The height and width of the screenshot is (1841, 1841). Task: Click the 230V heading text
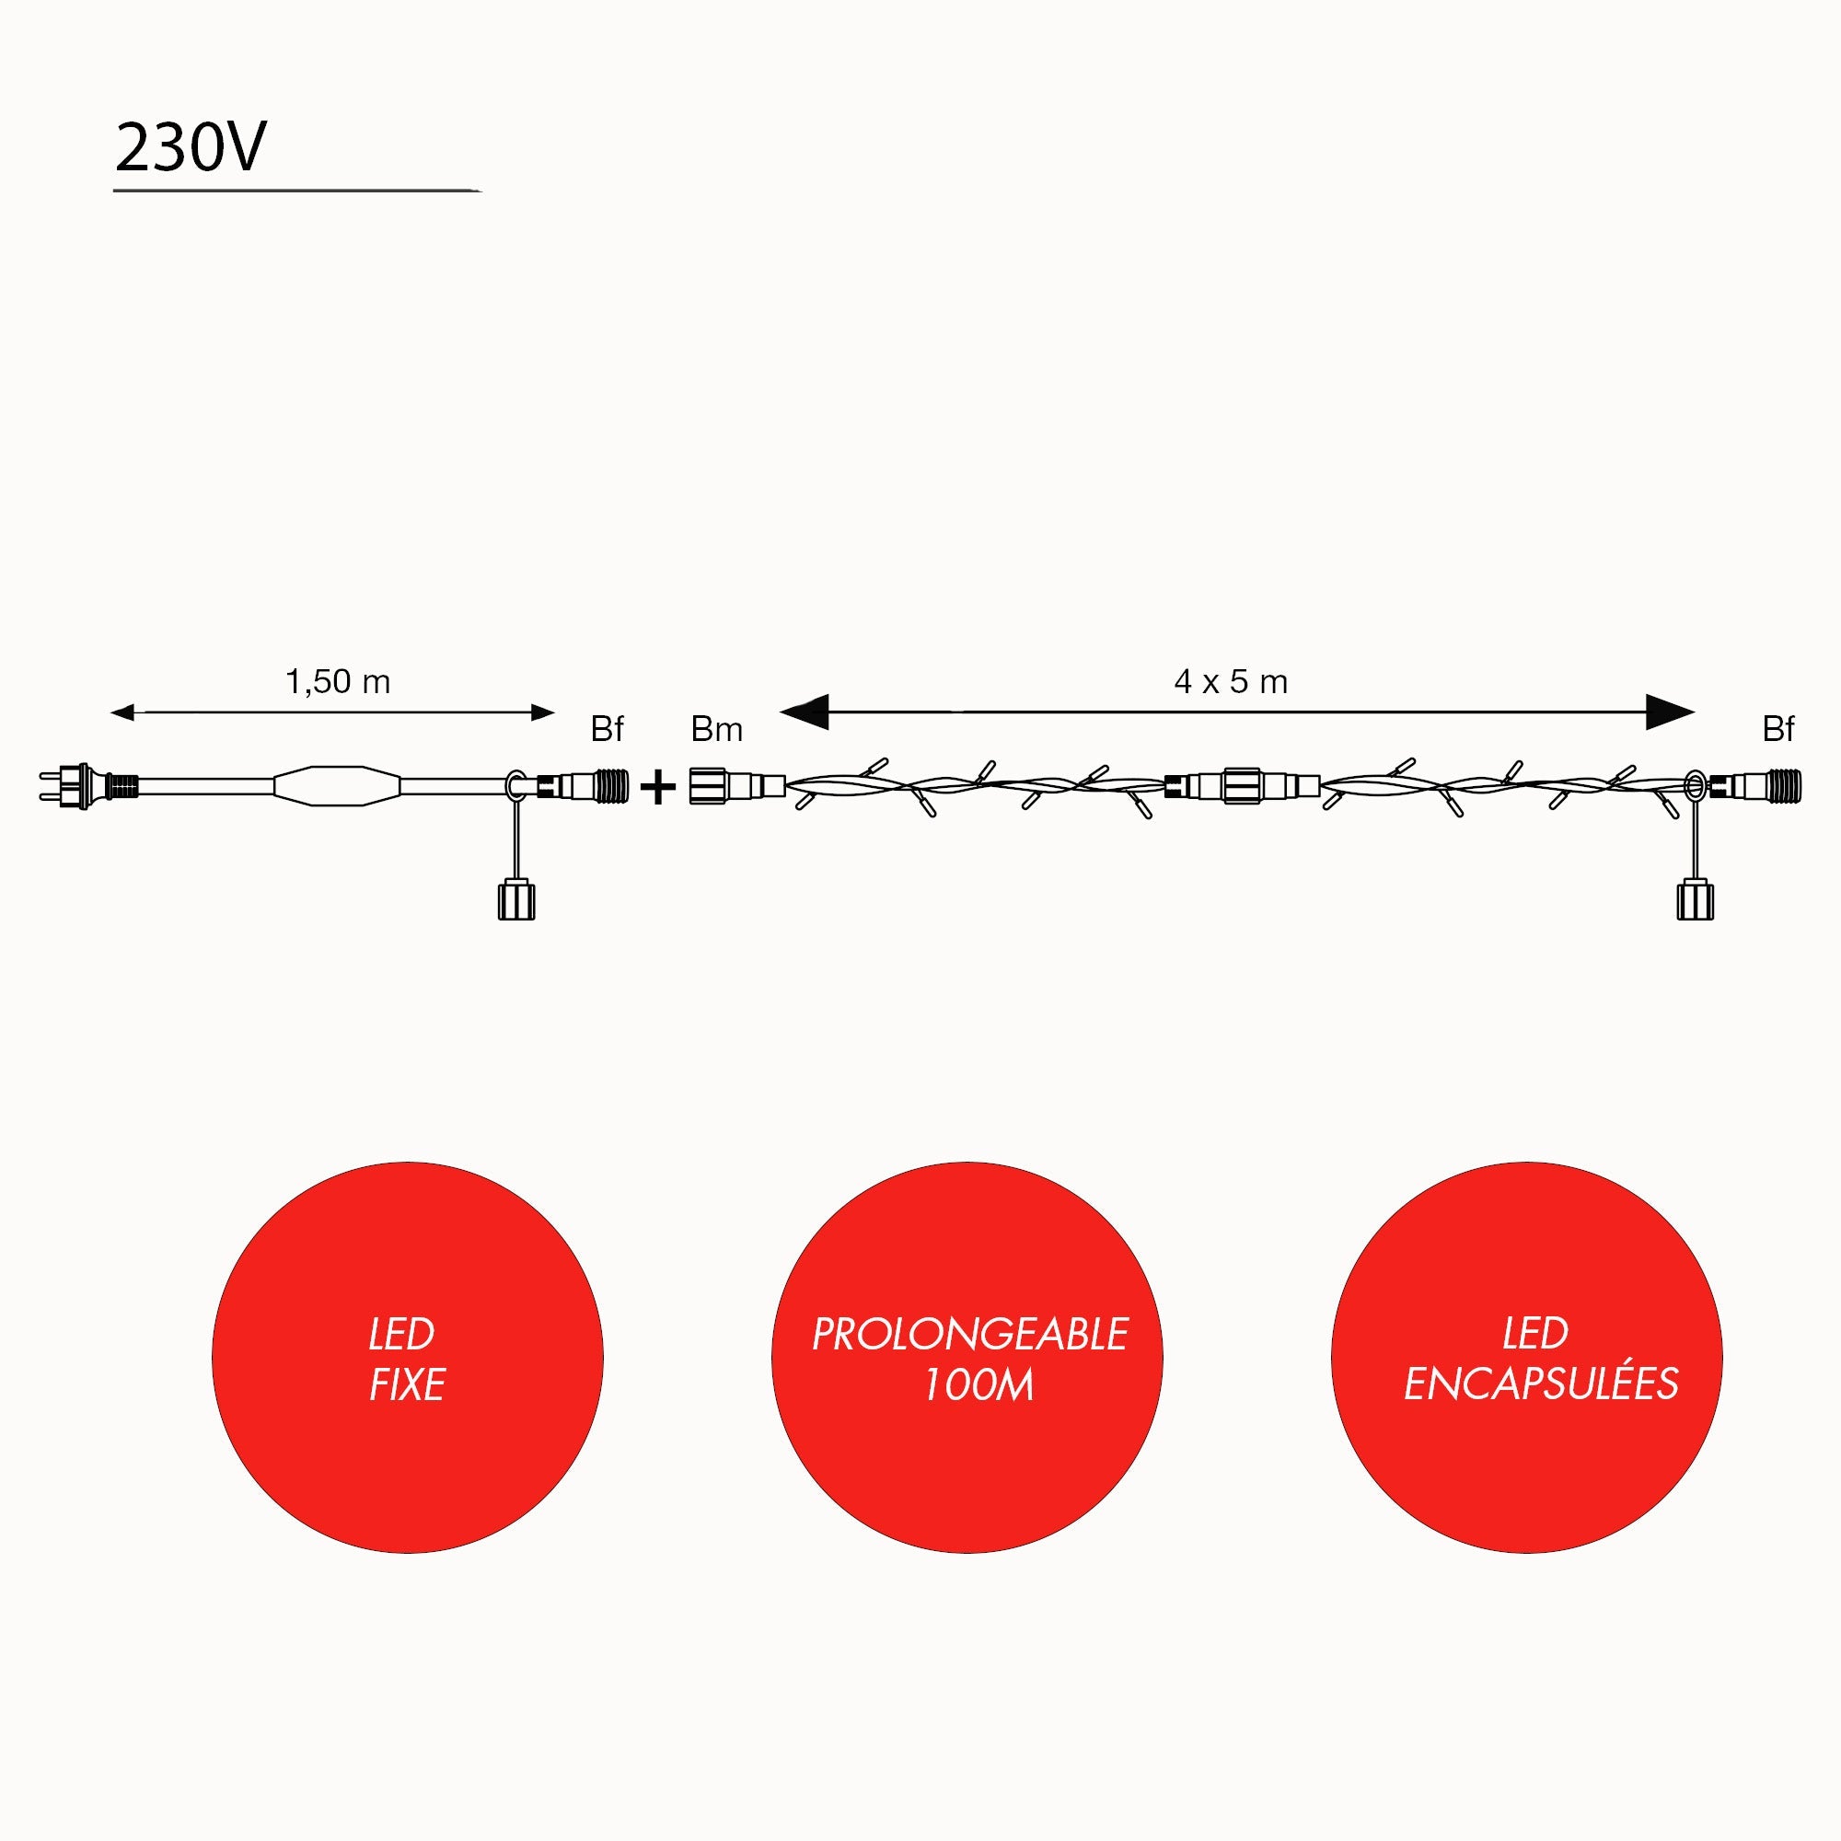[191, 148]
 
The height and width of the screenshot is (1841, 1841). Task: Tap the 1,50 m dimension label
[337, 682]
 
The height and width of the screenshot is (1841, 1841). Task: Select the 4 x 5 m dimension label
[1230, 682]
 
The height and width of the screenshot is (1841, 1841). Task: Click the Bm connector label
[715, 730]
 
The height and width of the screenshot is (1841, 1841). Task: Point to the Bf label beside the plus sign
[606, 730]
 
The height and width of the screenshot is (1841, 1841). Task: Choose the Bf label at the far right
[1778, 730]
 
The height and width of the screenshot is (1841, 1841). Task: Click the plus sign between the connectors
[657, 788]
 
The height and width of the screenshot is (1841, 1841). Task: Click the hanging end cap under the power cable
[516, 901]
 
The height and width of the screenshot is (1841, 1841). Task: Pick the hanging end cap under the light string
[1695, 901]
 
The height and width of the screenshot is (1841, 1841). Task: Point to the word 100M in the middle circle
[978, 1385]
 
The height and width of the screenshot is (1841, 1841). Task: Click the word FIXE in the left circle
[407, 1385]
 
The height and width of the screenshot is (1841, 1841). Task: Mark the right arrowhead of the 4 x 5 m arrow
[1670, 712]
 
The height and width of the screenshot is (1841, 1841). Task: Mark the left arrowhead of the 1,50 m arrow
[123, 712]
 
